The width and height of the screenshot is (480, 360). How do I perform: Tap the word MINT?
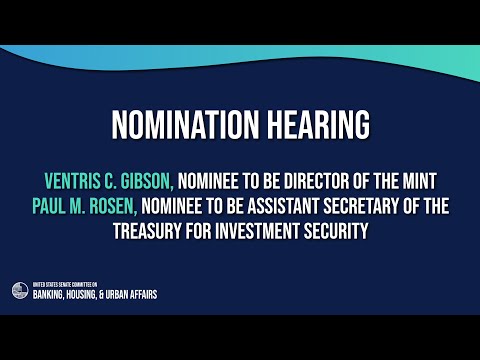click(x=418, y=181)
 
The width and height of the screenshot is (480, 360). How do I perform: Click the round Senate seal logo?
click(x=20, y=291)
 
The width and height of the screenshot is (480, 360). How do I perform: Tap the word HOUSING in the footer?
click(x=91, y=295)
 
